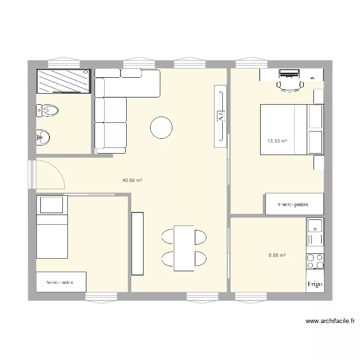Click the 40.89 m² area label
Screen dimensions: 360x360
pos(132,180)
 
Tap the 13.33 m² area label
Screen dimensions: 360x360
pos(277,141)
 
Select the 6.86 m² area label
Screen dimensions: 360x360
pos(277,255)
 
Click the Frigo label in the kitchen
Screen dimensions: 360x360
pos(315,285)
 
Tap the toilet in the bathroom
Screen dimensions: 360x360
pos(48,111)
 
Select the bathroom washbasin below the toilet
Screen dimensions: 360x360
pos(43,137)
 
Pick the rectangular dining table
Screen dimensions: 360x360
pos(184,248)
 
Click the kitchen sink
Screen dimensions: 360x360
pos(315,226)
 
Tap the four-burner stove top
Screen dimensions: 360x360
pos(315,262)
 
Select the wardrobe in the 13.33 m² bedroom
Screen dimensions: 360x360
pos(293,204)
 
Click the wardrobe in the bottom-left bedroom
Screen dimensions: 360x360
pos(61,282)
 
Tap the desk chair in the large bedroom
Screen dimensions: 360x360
pos(290,85)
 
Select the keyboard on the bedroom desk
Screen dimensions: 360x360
pos(289,74)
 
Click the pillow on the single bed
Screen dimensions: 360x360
pos(51,205)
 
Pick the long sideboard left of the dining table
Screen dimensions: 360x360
pos(138,243)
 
